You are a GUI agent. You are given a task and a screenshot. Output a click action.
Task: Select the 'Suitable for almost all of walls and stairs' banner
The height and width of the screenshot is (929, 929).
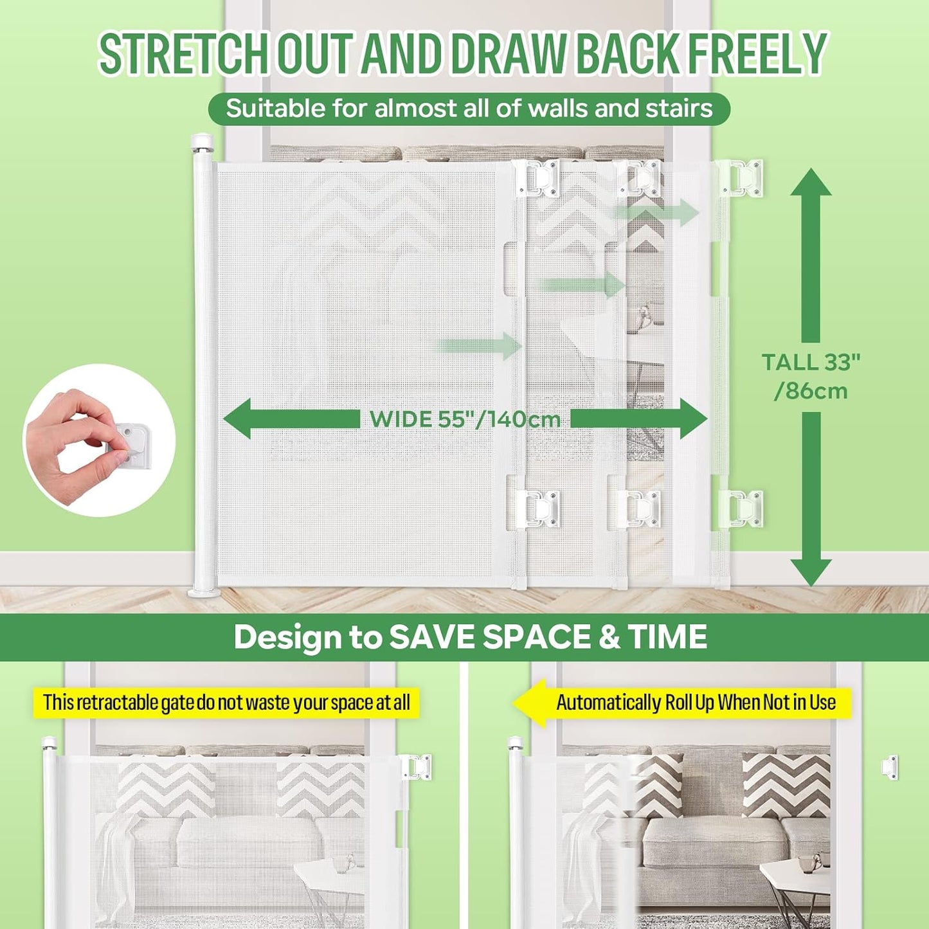pyautogui.click(x=469, y=109)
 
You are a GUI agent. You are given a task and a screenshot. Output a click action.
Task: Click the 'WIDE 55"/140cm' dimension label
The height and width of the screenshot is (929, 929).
pyautogui.click(x=465, y=419)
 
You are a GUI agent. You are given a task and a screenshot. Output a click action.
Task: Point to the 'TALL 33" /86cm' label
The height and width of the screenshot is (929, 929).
pyautogui.click(x=811, y=377)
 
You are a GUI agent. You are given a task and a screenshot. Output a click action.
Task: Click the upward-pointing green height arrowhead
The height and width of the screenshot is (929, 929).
pyautogui.click(x=811, y=183)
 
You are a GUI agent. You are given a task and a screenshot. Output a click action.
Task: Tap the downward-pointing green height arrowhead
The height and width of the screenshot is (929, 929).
pyautogui.click(x=811, y=571)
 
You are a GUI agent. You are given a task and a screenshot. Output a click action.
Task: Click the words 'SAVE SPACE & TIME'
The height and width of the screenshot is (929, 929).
pyautogui.click(x=548, y=637)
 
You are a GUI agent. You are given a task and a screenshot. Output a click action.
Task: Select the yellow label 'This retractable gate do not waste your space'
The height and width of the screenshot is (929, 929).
pyautogui.click(x=226, y=703)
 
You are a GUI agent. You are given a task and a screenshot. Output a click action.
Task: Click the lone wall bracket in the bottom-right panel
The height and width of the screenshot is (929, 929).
pyautogui.click(x=889, y=767)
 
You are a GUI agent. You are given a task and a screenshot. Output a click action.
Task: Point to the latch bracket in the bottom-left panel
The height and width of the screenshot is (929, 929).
pyautogui.click(x=417, y=767)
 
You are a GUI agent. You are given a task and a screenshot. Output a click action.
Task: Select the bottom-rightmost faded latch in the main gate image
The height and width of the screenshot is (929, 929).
pyautogui.click(x=743, y=509)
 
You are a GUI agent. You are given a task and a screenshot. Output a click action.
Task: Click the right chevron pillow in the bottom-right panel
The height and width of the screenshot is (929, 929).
pyautogui.click(x=786, y=785)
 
